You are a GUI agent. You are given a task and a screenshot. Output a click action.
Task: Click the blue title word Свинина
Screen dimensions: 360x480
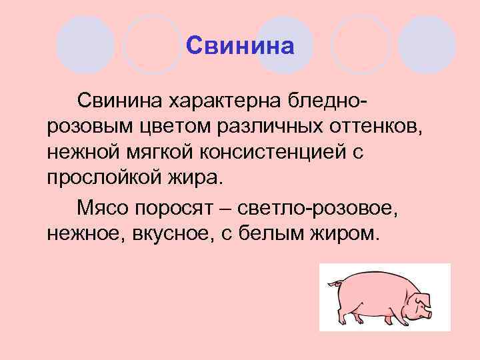(240, 46)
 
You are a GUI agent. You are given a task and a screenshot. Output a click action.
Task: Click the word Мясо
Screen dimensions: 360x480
(102, 207)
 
